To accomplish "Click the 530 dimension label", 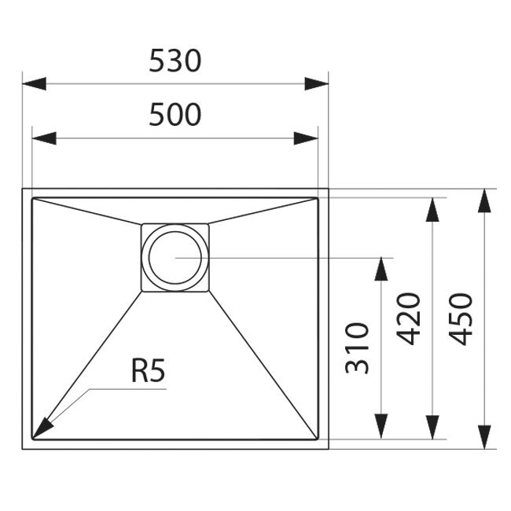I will pos(175,61).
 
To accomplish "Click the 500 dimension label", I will pos(175,115).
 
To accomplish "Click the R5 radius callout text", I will pos(149,372).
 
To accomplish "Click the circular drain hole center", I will pos(175,257).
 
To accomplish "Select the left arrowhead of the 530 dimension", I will pos(34,83).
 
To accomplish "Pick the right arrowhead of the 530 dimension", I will pos(317,83).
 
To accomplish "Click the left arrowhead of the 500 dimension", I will pos(43,138).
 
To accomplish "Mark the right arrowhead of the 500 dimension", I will pos(306,138).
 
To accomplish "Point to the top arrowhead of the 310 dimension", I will pos(381,270).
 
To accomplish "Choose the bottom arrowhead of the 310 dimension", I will pos(381,426).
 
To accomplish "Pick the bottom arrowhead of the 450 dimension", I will pos(485,436).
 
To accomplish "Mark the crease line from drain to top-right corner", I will pos(263,211).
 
